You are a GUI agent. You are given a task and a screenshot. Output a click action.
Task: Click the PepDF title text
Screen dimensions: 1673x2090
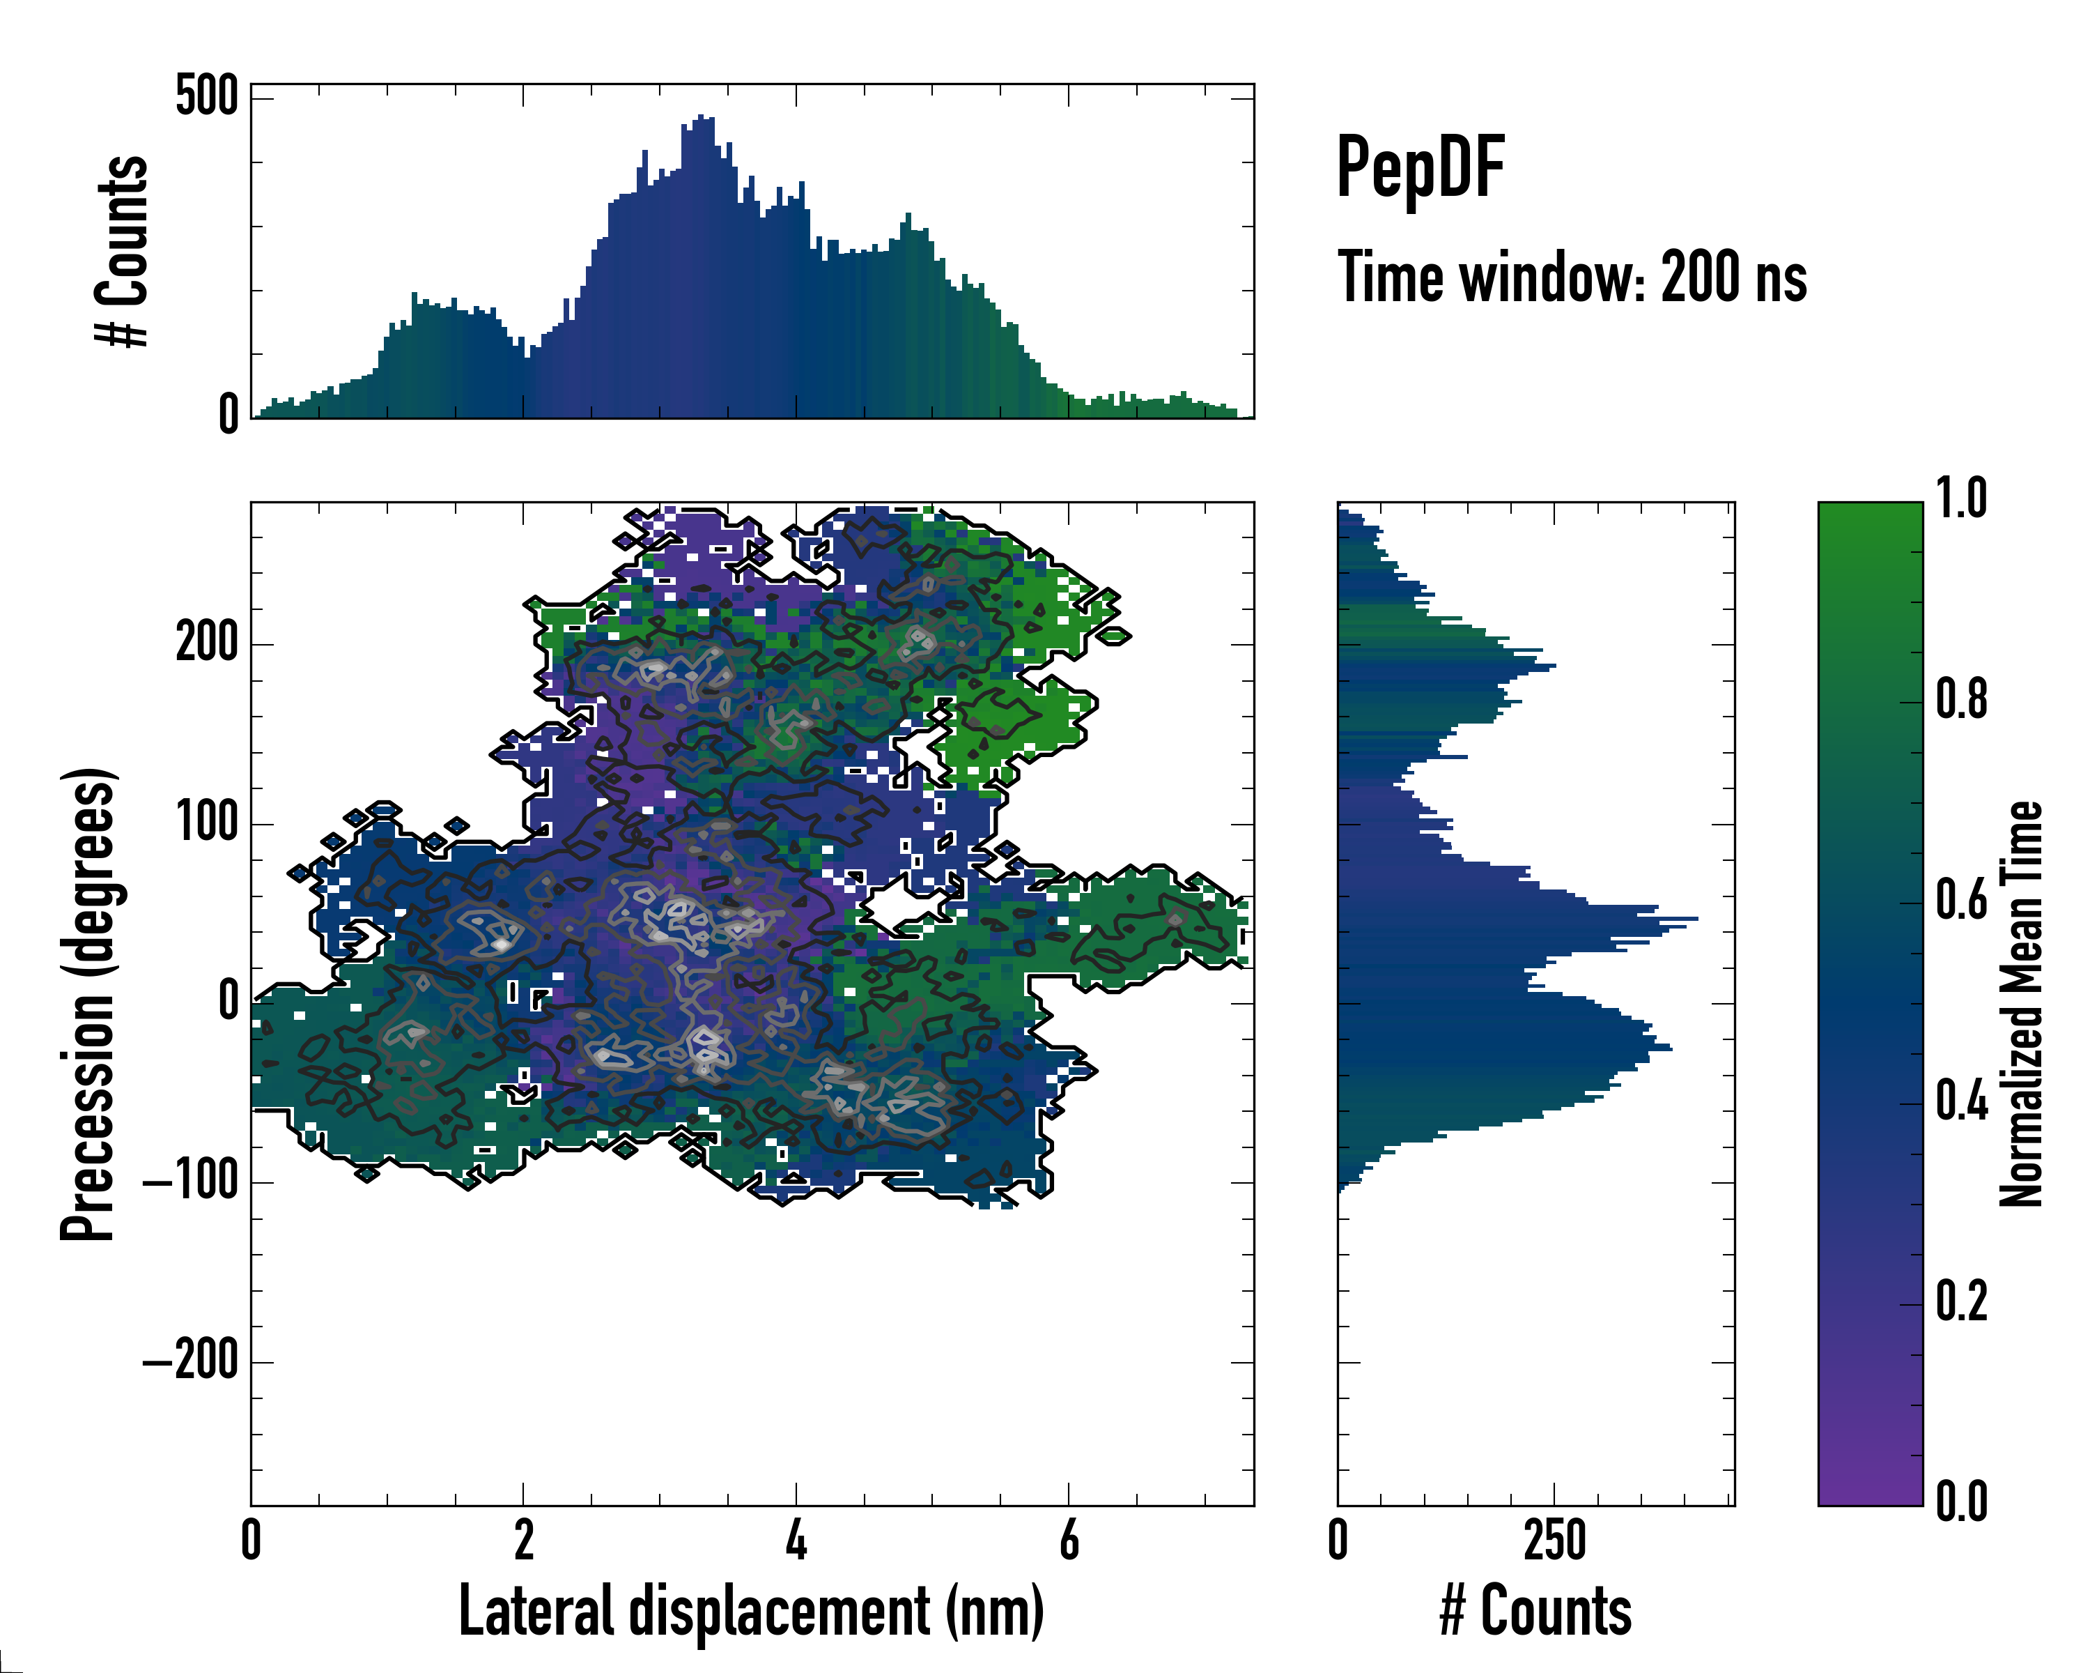tap(1419, 169)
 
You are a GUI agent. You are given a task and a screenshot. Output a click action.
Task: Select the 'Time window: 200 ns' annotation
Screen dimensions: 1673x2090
tap(1572, 278)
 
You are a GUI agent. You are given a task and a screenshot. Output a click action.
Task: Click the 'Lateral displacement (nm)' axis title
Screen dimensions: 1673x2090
tap(751, 1611)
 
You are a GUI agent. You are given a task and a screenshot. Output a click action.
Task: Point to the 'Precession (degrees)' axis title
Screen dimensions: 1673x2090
tap(88, 1004)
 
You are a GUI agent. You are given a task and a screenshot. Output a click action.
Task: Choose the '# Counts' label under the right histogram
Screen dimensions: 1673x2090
tap(1535, 1611)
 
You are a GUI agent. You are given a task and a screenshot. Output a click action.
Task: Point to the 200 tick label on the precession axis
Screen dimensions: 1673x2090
tap(206, 643)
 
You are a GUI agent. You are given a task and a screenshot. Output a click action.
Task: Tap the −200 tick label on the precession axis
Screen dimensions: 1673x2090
tap(191, 1361)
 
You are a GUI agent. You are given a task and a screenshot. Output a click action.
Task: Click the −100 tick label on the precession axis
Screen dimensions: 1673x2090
tap(191, 1182)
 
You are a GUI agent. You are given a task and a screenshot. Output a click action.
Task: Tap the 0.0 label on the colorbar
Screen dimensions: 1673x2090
tap(1961, 1502)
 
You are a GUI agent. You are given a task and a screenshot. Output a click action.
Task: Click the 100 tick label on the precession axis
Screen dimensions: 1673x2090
tap(206, 823)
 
